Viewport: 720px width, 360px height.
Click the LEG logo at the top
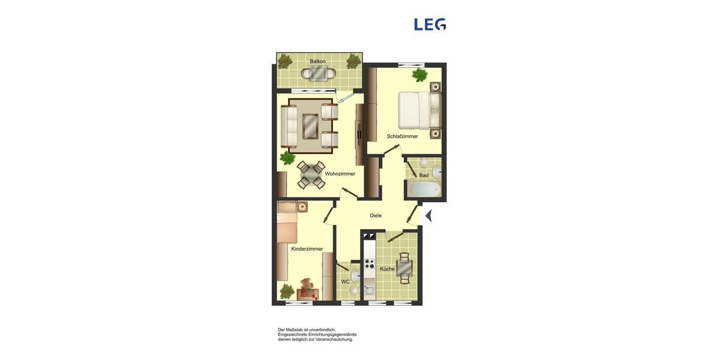[x=430, y=25]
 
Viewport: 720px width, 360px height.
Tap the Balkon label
[x=317, y=62]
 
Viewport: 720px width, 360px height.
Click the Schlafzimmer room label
[x=402, y=137]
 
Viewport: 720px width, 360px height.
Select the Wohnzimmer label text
[x=340, y=174]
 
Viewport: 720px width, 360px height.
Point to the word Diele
[x=376, y=216]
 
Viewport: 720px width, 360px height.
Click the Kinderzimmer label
[x=307, y=249]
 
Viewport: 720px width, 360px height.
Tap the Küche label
[x=387, y=269]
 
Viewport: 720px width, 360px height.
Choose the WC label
[x=346, y=282]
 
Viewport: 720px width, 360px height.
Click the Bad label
[x=424, y=176]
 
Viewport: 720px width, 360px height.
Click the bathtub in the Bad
[x=425, y=190]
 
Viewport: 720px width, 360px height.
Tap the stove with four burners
[x=370, y=264]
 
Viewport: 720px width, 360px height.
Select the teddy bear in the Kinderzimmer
[x=307, y=284]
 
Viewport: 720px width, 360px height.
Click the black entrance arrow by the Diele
[x=428, y=215]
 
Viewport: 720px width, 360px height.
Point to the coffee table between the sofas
[x=311, y=125]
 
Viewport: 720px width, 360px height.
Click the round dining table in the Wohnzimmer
[x=310, y=174]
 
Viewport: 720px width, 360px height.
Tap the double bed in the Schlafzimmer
[x=418, y=110]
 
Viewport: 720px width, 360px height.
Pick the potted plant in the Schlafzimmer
[x=419, y=75]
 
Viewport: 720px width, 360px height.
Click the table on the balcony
[x=318, y=73]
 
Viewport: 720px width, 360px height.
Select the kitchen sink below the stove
[x=369, y=290]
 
